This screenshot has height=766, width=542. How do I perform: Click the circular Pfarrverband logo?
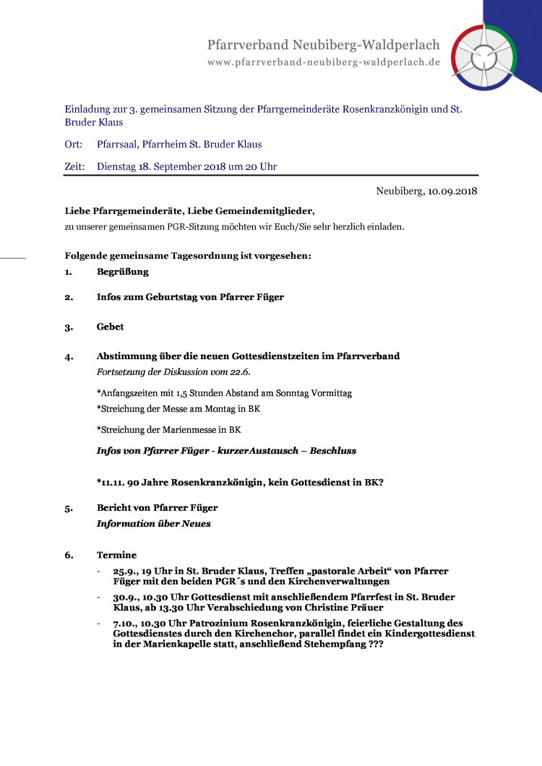point(485,57)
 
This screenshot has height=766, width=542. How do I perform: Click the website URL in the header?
point(324,62)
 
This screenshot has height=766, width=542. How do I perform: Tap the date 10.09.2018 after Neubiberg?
point(452,191)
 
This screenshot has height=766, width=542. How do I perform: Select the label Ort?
point(74,145)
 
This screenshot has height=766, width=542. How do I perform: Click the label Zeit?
point(75,167)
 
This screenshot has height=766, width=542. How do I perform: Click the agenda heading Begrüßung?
point(123,272)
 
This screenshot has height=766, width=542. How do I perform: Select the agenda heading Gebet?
point(111,327)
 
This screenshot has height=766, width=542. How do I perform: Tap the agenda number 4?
point(69,356)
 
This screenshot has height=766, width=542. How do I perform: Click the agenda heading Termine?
point(117,555)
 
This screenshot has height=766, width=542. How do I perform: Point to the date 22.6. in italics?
point(241,371)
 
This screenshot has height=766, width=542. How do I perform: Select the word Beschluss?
point(332,450)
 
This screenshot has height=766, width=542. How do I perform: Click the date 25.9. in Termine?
point(125,571)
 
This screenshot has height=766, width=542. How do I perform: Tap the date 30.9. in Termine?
point(125,597)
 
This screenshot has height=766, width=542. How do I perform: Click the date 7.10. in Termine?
point(125,623)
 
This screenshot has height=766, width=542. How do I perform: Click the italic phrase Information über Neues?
point(154,523)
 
